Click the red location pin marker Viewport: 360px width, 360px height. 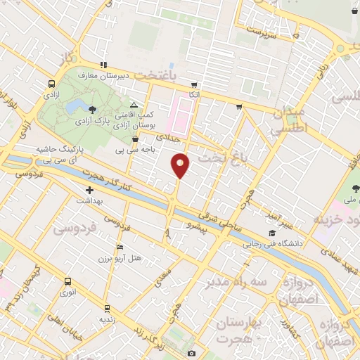pos(181,165)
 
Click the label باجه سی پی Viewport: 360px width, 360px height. pos(129,150)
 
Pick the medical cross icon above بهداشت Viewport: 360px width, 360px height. pos(89,191)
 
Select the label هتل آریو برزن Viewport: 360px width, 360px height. pos(122,259)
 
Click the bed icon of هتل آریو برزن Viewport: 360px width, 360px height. pos(120,247)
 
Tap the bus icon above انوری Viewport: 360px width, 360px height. pos(67,281)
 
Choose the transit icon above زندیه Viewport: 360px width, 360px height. pos(106,307)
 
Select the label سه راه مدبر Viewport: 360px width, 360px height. pos(229,283)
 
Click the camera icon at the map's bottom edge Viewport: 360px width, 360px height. pos(191,353)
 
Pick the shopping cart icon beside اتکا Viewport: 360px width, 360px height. pos(240,108)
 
